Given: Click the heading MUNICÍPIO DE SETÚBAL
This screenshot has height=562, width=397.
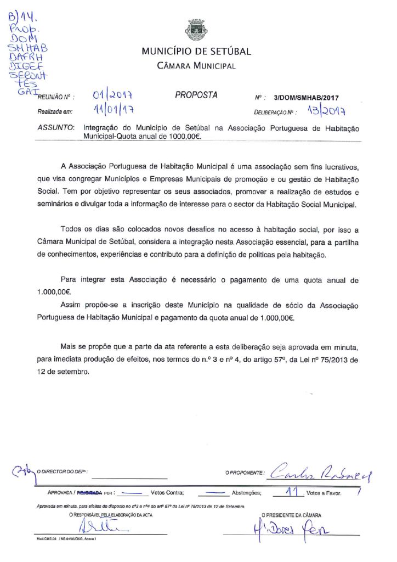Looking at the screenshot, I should coord(196,52).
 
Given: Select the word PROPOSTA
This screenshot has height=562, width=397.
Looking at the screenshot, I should coord(196,95).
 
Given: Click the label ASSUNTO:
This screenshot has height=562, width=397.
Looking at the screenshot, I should coord(55,127).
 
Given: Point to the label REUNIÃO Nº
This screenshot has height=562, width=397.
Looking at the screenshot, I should coord(55,98).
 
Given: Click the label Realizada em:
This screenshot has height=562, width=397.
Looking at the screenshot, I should coord(55,111).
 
